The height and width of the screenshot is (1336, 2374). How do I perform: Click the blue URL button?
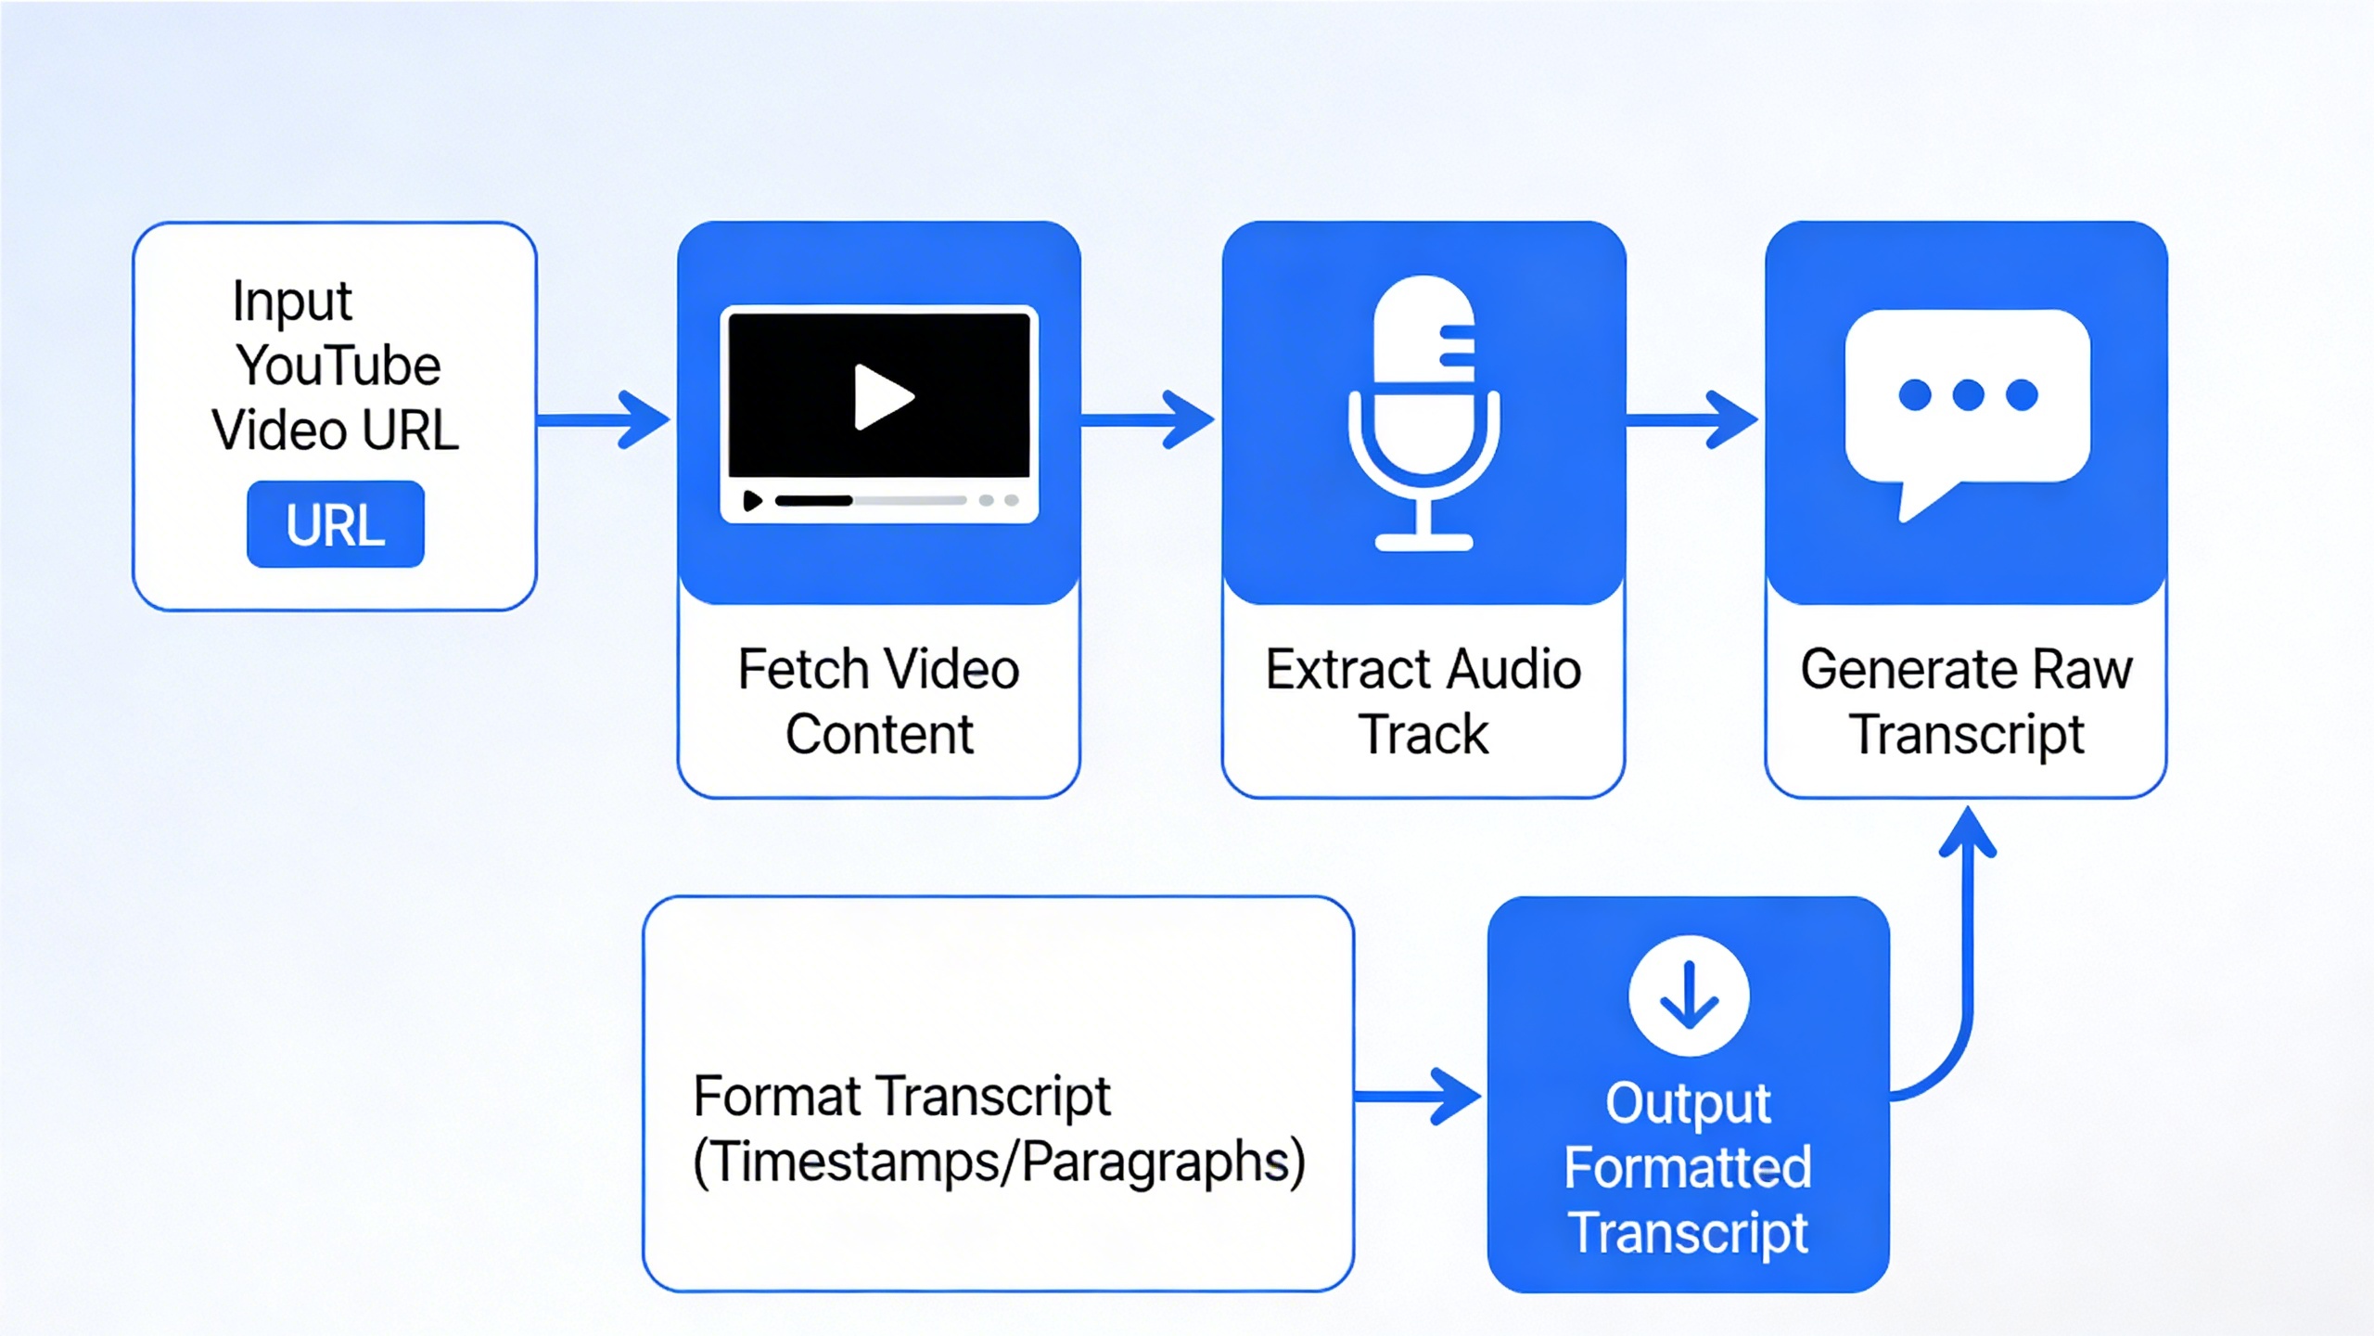tap(335, 524)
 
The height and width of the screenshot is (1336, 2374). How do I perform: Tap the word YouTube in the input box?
tap(338, 366)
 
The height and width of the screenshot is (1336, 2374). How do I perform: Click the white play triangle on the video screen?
tap(881, 397)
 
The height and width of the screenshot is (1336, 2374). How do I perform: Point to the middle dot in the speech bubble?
tap(1968, 395)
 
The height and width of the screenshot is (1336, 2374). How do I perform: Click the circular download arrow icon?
tap(1689, 996)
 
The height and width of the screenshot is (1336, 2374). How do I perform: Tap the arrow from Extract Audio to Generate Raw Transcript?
tap(1692, 420)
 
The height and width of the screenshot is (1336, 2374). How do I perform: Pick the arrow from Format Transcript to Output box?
tap(1417, 1097)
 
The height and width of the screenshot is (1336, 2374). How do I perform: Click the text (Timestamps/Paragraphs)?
tap(999, 1162)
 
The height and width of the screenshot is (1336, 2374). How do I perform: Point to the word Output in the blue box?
tap(1688, 1104)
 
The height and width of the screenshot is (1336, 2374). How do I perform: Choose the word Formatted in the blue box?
tap(1688, 1167)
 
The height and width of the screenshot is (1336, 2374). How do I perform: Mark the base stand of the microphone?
tap(1423, 542)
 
